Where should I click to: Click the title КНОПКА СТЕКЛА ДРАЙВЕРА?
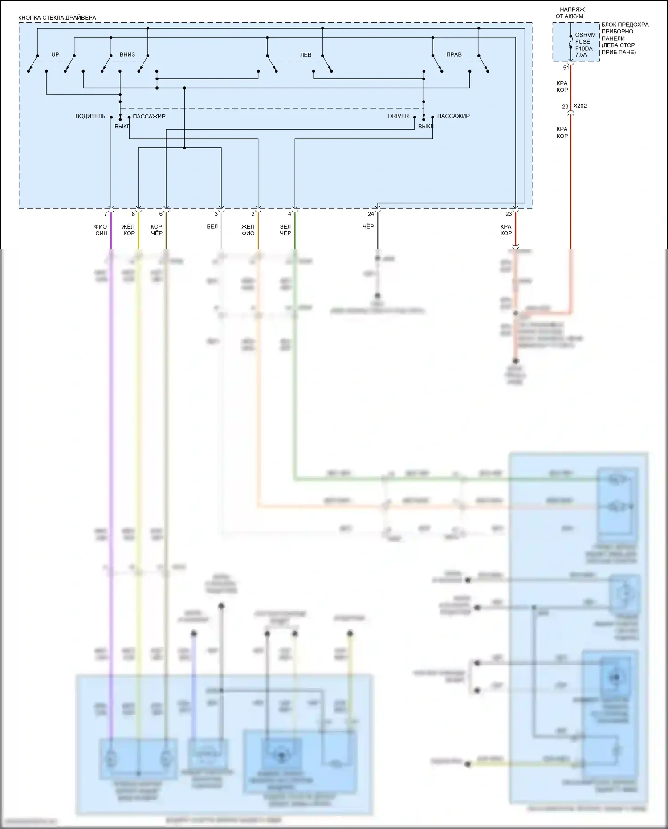(57, 18)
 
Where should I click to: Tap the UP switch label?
(55, 54)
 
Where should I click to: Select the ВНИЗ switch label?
(127, 54)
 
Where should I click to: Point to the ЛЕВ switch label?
(305, 55)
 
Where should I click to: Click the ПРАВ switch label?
(454, 54)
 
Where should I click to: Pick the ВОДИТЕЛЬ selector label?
(90, 116)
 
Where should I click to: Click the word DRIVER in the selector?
(398, 116)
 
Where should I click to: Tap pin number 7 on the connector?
(106, 214)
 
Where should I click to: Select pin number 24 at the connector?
(371, 214)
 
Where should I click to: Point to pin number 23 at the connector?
(509, 214)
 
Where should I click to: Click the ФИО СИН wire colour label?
(101, 230)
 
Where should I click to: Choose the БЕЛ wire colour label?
(212, 227)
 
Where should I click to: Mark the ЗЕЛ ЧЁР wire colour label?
(285, 230)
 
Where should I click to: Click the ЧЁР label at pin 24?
(368, 227)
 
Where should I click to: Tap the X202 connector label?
(580, 106)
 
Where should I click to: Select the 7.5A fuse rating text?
(581, 55)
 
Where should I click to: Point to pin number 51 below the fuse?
(566, 68)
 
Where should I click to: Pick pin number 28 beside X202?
(565, 107)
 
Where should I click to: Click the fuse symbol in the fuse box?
(571, 41)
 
